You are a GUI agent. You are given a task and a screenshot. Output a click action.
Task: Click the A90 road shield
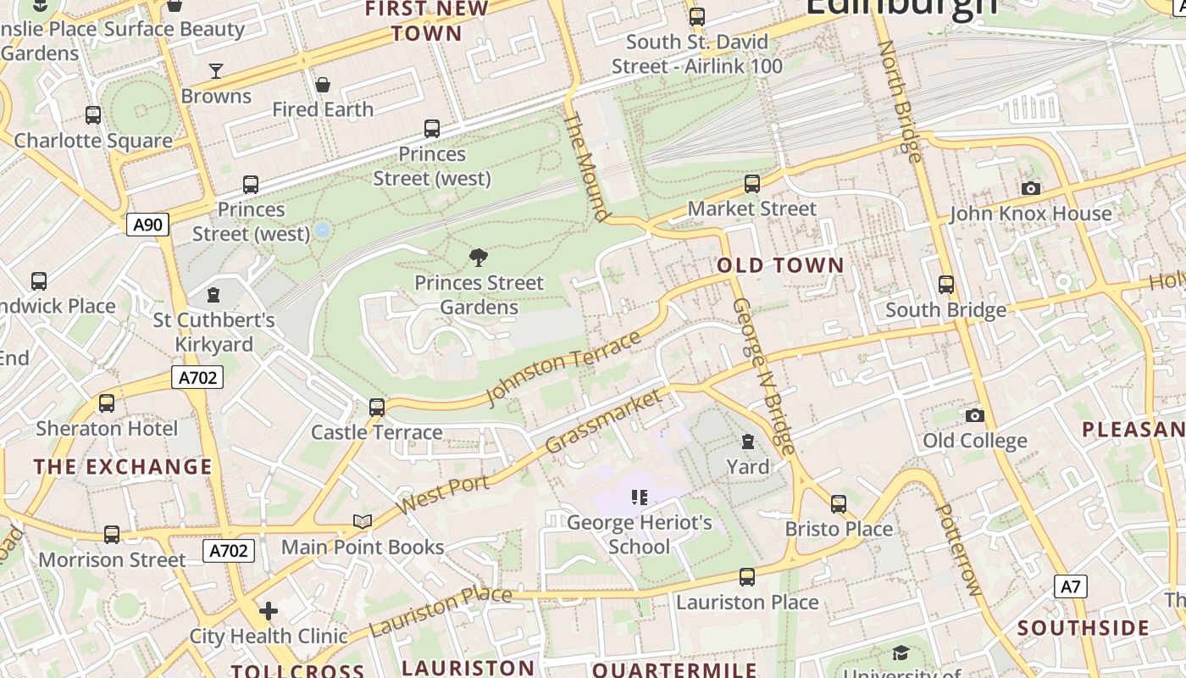[x=148, y=225]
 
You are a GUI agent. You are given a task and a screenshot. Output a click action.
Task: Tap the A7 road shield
[x=1071, y=586]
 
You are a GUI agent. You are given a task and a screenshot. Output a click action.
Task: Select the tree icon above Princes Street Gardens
[x=479, y=258]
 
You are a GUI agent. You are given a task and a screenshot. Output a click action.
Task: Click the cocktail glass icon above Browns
[x=216, y=71]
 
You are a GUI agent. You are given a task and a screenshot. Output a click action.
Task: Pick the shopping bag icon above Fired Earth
[x=323, y=85]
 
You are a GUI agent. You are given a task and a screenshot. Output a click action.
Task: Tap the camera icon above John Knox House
[x=1030, y=188]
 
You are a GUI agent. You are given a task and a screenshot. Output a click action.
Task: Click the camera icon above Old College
[x=975, y=415]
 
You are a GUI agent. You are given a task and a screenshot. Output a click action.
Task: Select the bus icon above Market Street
[x=751, y=183]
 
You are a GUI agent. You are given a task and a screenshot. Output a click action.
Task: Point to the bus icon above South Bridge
[x=946, y=285]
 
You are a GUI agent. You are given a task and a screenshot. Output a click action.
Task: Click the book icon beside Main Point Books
[x=363, y=521]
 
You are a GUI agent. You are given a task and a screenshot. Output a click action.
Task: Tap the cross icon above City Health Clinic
[x=269, y=611]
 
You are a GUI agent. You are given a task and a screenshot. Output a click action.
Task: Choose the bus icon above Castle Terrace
[x=377, y=408]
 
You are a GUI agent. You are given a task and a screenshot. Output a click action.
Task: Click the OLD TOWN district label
[x=780, y=265]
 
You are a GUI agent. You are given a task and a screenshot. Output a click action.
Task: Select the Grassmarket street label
[x=603, y=421]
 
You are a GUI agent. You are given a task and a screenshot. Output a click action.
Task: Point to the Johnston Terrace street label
[x=563, y=368]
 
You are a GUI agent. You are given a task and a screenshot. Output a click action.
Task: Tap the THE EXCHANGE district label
[x=123, y=467]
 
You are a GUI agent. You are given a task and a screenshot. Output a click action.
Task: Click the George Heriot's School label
[x=639, y=534]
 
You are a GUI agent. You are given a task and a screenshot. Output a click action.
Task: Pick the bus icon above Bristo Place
[x=839, y=504]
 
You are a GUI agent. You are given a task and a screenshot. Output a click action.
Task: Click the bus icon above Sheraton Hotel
[x=107, y=403]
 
